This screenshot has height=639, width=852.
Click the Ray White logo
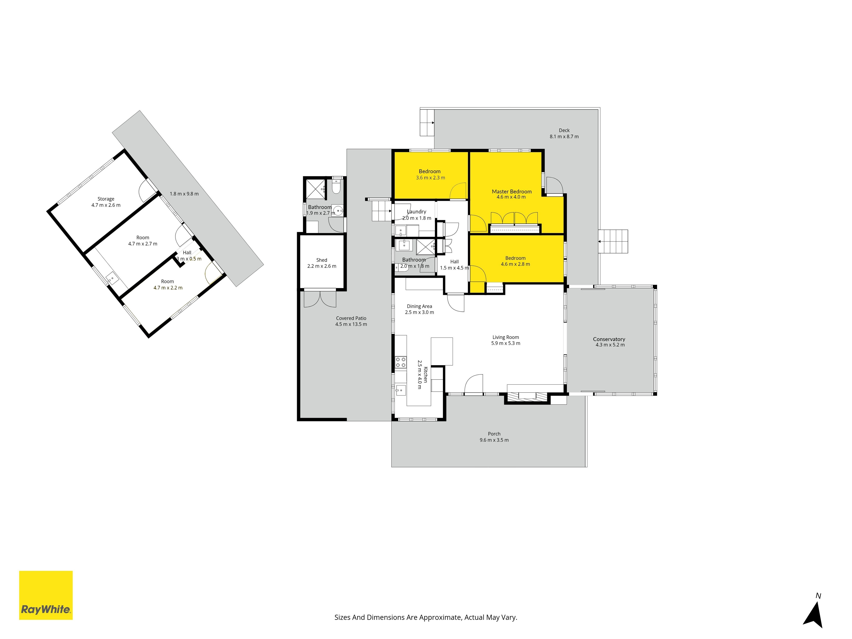pos(46,595)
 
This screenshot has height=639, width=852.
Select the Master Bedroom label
pos(511,191)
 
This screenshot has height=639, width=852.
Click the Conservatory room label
pos(609,339)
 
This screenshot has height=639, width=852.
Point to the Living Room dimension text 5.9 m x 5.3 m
pos(505,343)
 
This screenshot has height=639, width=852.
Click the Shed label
pos(322,260)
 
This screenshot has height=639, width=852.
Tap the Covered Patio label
pos(351,318)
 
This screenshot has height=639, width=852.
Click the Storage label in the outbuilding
pos(106,199)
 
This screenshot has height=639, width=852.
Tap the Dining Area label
pos(419,306)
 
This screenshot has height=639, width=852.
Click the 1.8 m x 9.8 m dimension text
pos(184,194)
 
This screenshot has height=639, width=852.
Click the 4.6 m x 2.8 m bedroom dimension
pos(515,264)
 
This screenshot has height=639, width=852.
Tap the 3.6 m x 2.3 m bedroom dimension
pos(430,178)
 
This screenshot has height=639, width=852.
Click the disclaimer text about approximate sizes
pos(426,617)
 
